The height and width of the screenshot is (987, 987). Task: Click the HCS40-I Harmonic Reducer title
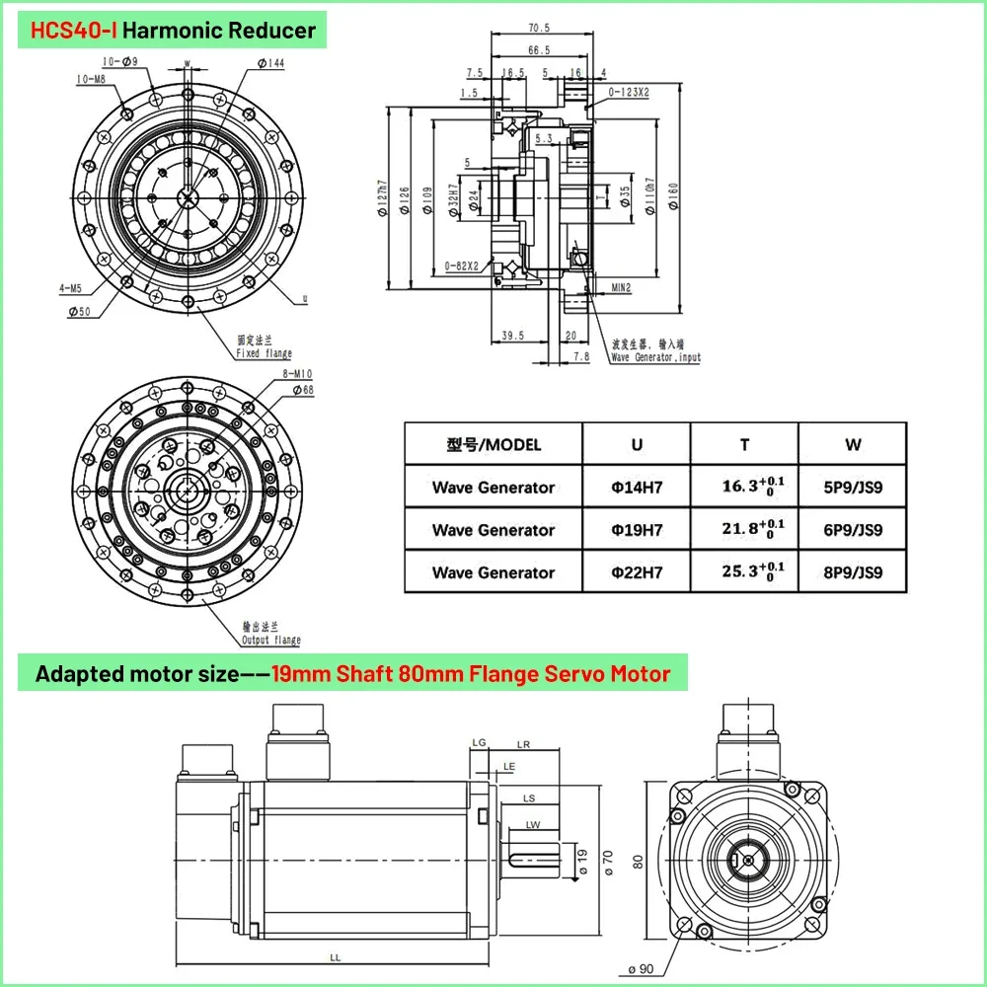[173, 31]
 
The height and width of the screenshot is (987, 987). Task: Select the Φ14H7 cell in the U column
[636, 487]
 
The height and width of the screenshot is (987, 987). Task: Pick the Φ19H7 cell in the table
[636, 530]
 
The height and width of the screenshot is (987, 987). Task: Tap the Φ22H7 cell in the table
[636, 572]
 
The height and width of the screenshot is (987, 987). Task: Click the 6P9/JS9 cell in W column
[852, 530]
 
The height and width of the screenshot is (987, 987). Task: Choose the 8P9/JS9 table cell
[852, 572]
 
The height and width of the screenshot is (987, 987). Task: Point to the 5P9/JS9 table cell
[852, 487]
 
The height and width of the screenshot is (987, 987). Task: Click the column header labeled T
[744, 444]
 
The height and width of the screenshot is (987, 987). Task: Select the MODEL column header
[493, 444]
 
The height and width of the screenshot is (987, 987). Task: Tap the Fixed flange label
[264, 347]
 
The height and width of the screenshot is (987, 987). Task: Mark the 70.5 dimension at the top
[539, 29]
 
